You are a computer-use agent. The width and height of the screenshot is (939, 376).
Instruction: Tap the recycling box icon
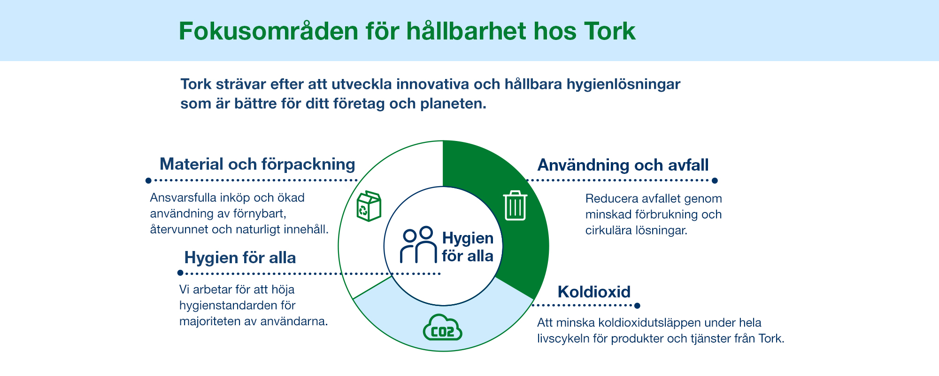click(369, 206)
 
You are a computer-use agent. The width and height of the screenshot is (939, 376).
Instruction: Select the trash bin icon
click(515, 206)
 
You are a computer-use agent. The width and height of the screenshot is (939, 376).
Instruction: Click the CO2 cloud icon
click(443, 328)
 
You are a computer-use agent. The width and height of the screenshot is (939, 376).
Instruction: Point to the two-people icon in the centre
click(418, 245)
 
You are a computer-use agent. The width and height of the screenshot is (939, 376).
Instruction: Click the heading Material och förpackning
click(257, 164)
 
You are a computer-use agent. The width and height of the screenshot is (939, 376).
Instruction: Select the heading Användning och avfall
click(623, 165)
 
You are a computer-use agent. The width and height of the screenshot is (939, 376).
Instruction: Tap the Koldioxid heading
click(594, 292)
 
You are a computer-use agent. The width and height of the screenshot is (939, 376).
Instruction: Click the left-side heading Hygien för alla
click(240, 258)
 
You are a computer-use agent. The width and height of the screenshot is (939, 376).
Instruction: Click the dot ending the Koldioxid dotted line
click(637, 305)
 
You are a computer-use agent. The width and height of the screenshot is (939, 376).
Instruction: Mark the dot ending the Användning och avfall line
click(715, 180)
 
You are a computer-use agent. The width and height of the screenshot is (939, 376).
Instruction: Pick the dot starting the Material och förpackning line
click(148, 180)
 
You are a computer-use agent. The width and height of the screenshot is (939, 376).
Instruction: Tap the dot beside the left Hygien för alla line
click(180, 273)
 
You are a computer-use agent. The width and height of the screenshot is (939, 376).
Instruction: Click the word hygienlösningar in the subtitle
click(623, 85)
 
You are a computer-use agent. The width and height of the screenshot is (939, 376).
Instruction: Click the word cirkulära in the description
click(608, 230)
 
